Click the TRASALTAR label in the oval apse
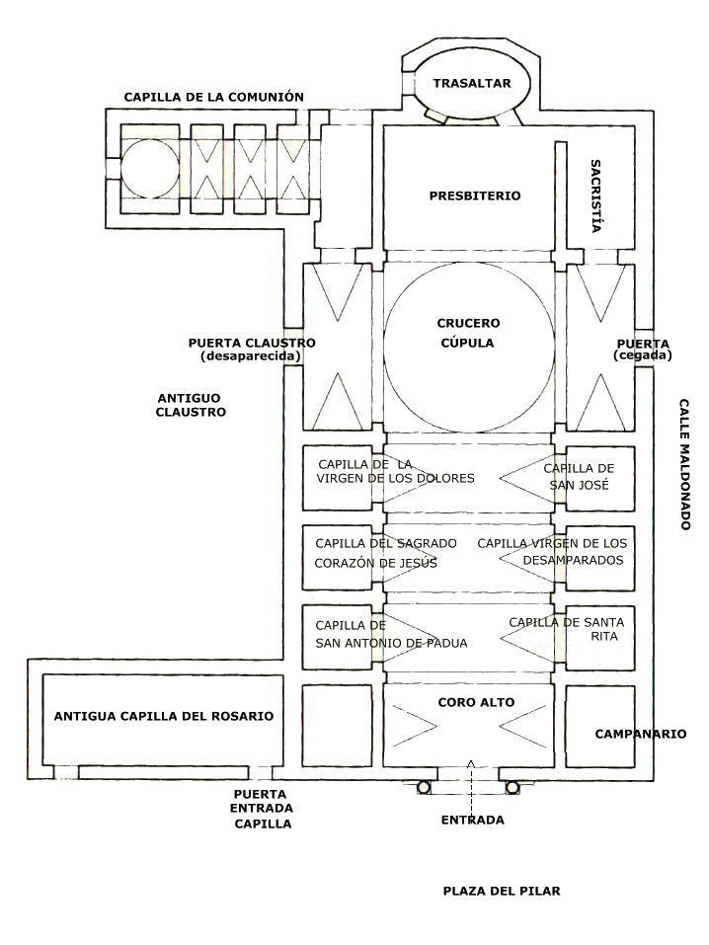pyautogui.click(x=471, y=83)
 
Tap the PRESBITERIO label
pyautogui.click(x=474, y=196)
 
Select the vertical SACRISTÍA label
pyautogui.click(x=595, y=196)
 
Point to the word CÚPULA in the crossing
pyautogui.click(x=467, y=343)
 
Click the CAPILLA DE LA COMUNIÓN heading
pyautogui.click(x=214, y=97)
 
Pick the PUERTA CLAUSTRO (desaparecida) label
pyautogui.click(x=252, y=350)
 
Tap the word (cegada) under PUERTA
pyautogui.click(x=642, y=355)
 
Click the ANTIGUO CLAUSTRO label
pyautogui.click(x=192, y=405)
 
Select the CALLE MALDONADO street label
pyautogui.click(x=684, y=464)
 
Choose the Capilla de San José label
pyautogui.click(x=579, y=477)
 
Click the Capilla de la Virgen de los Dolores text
pyautogui.click(x=396, y=471)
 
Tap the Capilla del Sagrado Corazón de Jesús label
pyautogui.click(x=386, y=553)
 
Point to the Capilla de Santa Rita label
pyautogui.click(x=567, y=629)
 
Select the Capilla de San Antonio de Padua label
pyautogui.click(x=391, y=635)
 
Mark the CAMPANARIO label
pyautogui.click(x=641, y=734)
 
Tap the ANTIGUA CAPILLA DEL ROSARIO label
pyautogui.click(x=164, y=717)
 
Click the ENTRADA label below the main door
pyautogui.click(x=473, y=821)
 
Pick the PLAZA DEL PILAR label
pyautogui.click(x=502, y=891)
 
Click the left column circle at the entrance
pyautogui.click(x=424, y=787)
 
